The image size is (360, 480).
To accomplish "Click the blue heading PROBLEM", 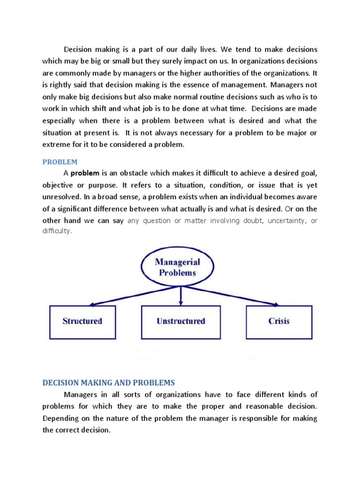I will click(60, 162).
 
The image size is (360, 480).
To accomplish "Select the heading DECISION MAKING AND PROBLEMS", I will click(108, 382).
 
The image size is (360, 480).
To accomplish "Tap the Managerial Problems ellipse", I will click(178, 268).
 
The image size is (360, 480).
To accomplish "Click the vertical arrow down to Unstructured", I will click(180, 295).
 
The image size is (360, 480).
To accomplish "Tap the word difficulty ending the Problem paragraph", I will click(57, 232).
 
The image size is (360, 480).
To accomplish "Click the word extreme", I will click(57, 145).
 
